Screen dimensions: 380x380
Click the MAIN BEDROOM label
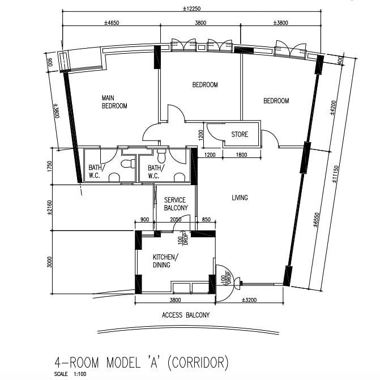[x=114, y=101]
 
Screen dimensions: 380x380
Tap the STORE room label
[x=240, y=135]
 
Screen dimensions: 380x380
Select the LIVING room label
[x=240, y=198]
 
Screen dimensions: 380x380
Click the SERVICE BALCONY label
[x=176, y=204]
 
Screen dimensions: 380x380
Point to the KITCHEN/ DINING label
[x=165, y=261]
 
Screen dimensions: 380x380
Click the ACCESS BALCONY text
[x=185, y=315]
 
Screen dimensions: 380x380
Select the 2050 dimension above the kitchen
[x=175, y=220]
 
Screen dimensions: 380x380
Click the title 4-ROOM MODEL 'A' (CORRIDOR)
[x=141, y=361]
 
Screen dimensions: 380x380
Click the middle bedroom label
[x=205, y=85]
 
